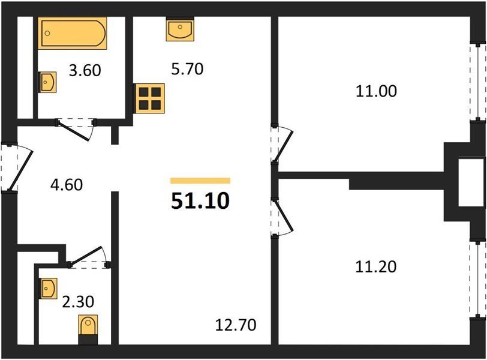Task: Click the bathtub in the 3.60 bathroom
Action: click(x=73, y=33)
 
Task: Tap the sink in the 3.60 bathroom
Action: click(x=47, y=82)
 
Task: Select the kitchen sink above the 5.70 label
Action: click(x=180, y=29)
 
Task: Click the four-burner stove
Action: click(x=149, y=98)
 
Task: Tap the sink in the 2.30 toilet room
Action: click(x=48, y=288)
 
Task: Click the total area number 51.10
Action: click(x=200, y=201)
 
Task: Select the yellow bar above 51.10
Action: click(x=200, y=181)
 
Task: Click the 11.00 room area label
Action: click(x=376, y=91)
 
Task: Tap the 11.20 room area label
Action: click(x=376, y=267)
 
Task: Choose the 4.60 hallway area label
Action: click(x=67, y=185)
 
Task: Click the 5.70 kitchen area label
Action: click(x=187, y=69)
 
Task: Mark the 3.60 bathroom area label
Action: click(x=85, y=71)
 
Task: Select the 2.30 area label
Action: click(x=78, y=302)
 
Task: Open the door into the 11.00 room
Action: click(x=282, y=144)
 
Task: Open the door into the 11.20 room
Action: click(x=282, y=217)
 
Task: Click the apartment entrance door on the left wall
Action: click(x=17, y=168)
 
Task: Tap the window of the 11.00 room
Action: click(x=477, y=82)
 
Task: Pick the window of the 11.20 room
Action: click(x=477, y=278)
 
